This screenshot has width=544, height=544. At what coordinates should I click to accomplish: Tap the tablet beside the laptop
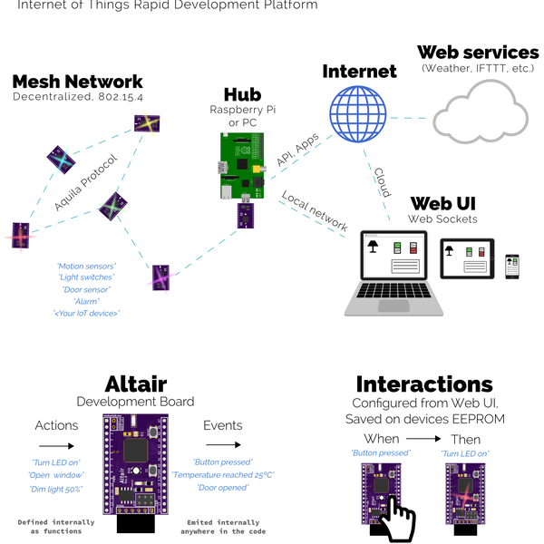click(x=467, y=258)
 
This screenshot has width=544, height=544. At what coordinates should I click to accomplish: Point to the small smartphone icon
click(x=511, y=266)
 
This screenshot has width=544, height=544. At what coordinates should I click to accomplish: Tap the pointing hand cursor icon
click(x=395, y=518)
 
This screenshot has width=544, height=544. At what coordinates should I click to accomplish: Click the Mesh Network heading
click(x=77, y=83)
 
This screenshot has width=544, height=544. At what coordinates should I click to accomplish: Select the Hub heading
click(x=242, y=95)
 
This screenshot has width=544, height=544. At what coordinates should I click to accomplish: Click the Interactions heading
click(x=423, y=384)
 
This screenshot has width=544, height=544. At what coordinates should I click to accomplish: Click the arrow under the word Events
click(x=222, y=445)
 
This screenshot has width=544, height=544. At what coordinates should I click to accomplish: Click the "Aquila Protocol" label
click(x=86, y=183)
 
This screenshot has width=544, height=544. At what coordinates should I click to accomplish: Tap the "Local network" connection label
click(x=315, y=210)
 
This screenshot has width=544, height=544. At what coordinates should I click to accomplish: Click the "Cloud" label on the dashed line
click(x=382, y=182)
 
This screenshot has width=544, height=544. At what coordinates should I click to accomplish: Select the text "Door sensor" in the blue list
click(x=86, y=288)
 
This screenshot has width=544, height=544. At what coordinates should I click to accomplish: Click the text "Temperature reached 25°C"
click(x=222, y=474)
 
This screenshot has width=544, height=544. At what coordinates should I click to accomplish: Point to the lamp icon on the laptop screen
click(x=371, y=246)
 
